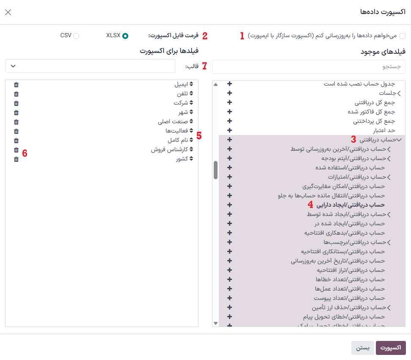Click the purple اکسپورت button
[x=391, y=348]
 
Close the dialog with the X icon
[x=8, y=12]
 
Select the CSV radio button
[x=76, y=36]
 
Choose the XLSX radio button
[x=125, y=36]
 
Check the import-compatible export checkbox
[x=402, y=36]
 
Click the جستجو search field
[x=309, y=66]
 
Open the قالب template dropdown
[x=90, y=66]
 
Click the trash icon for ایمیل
[x=16, y=85]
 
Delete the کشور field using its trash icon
[x=16, y=159]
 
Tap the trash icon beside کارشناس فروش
[x=16, y=150]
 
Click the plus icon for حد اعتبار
[x=229, y=130]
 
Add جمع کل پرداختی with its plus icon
[x=229, y=121]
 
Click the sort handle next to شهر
[x=191, y=113]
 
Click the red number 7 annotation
[x=204, y=66]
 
